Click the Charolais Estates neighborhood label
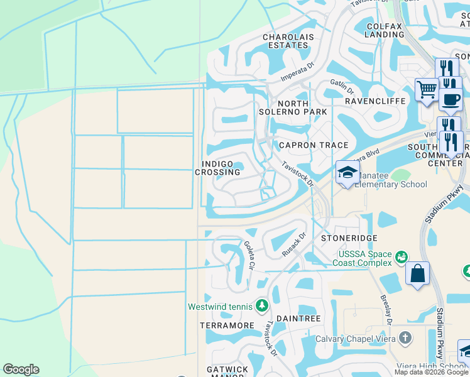(288, 41)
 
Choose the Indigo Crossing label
(217, 168)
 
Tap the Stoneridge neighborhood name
(349, 239)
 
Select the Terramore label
(227, 325)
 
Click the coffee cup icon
(450, 99)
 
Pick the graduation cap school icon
(347, 173)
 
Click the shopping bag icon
(417, 274)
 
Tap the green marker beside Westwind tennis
(262, 307)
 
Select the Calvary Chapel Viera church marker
(405, 338)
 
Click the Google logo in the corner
(21, 369)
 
